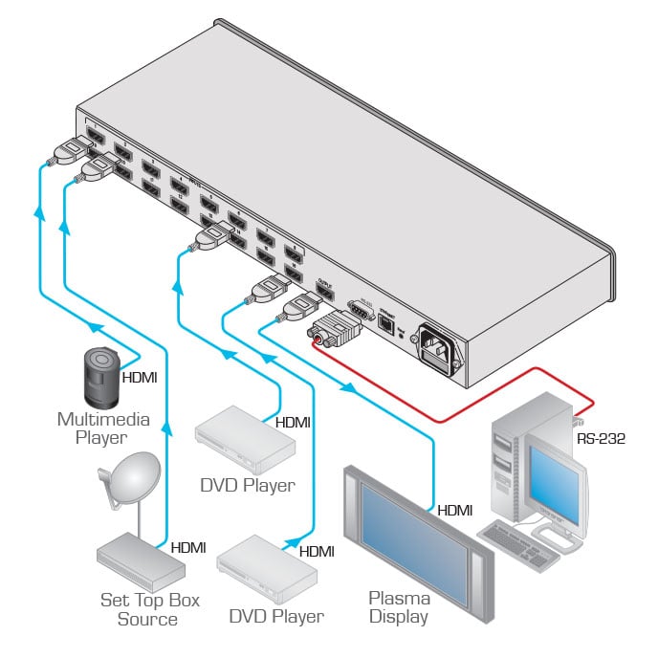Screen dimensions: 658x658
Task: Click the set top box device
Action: point(140,560)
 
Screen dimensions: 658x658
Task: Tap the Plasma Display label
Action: point(399,607)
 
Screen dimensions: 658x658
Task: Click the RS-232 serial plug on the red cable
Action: point(330,331)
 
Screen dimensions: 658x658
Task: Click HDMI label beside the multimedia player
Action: point(140,377)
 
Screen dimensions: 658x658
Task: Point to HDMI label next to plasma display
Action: point(455,511)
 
